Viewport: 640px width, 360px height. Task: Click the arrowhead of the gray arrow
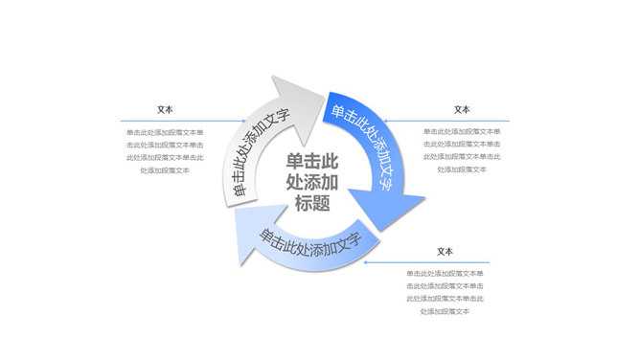(306, 94)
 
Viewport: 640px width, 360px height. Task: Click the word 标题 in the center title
(313, 202)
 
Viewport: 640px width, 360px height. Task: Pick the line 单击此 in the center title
(313, 160)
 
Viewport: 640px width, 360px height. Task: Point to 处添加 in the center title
(313, 181)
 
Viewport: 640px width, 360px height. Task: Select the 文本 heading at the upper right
(462, 110)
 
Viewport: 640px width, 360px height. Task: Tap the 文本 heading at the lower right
(445, 252)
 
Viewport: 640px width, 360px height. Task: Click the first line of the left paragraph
(165, 132)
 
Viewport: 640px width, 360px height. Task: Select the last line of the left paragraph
(165, 169)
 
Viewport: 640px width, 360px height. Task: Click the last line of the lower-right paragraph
(445, 310)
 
